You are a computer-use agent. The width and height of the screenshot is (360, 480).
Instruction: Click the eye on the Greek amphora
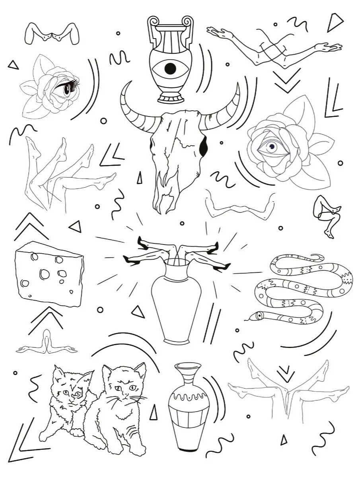pyautogui.click(x=170, y=68)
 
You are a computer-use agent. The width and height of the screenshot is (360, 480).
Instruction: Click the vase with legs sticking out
pyautogui.click(x=176, y=302)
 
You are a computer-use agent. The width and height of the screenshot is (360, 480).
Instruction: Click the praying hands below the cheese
pyautogui.click(x=47, y=344)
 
